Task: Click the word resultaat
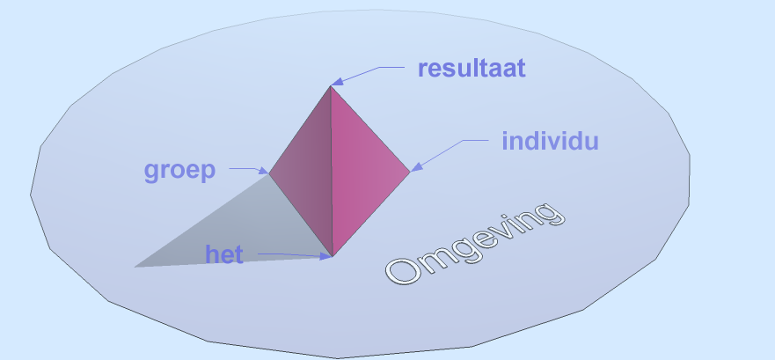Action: coord(472,69)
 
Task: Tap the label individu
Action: coord(550,141)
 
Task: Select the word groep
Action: coord(180,171)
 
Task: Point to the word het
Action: coord(224,254)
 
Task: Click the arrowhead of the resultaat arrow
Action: coord(337,82)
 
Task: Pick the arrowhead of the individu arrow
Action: coord(417,167)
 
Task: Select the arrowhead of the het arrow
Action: coord(326,256)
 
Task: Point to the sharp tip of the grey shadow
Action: coord(135,267)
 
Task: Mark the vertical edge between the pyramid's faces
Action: coord(331,171)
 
